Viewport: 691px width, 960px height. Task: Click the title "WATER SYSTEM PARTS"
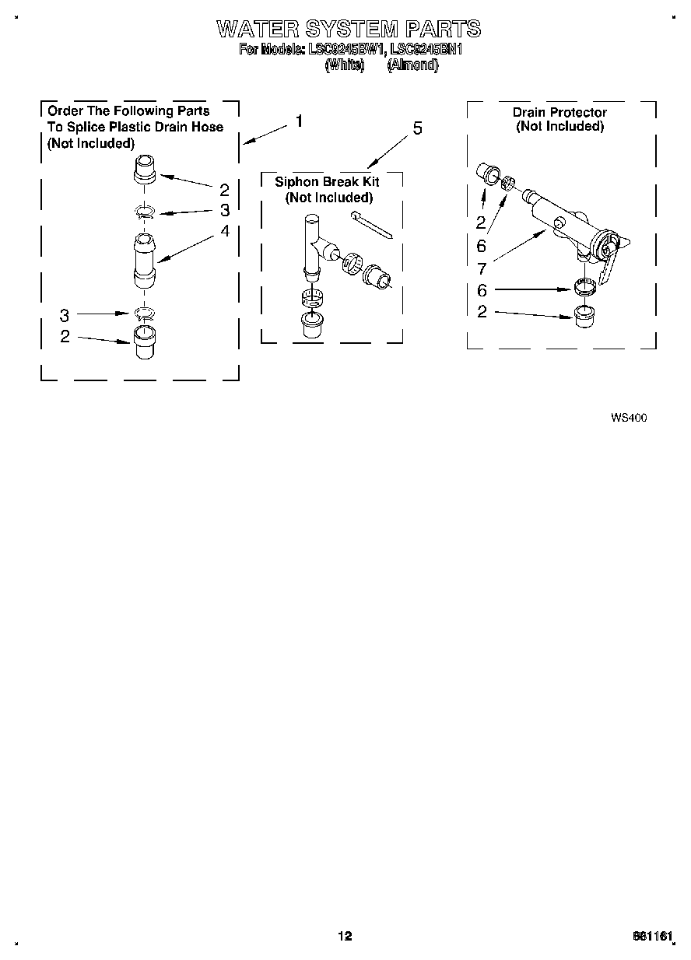coord(348,30)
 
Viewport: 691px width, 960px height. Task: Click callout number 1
coord(298,121)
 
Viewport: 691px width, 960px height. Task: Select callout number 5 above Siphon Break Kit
coord(417,128)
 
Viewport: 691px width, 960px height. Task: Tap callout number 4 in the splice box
coord(225,231)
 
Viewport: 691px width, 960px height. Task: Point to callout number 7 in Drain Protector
coord(482,269)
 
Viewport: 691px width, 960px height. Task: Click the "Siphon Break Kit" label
coord(327,181)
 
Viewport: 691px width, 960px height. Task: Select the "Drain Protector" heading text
coord(559,112)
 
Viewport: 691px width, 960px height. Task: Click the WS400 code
coord(629,418)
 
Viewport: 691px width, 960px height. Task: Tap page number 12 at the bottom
coord(345,936)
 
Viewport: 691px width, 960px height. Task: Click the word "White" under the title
coord(343,65)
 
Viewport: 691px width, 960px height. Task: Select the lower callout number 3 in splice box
coord(65,315)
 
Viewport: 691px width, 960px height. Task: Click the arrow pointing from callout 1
coord(265,133)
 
